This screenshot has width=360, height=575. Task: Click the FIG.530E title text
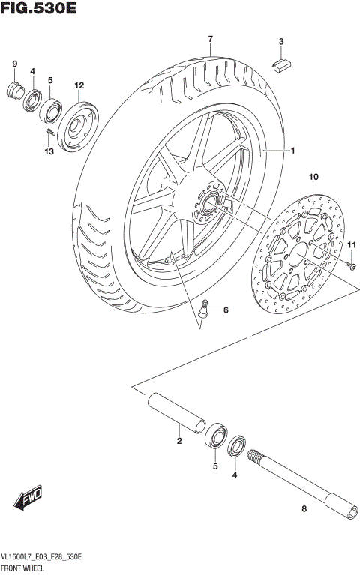pos(39,10)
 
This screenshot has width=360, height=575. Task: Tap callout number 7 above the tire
pos(211,39)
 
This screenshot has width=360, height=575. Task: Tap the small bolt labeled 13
pos(48,134)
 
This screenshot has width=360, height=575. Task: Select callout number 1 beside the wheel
pos(292,151)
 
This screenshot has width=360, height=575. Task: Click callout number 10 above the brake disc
pos(313,177)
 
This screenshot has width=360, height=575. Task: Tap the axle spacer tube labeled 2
pos(176,412)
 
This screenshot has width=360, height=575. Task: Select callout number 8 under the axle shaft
pos(304,509)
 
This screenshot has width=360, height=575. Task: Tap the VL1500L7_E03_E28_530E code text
pos(42,559)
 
